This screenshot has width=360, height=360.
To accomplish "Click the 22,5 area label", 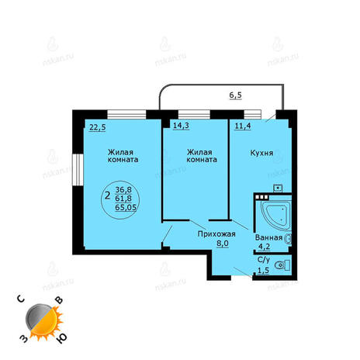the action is pyautogui.click(x=98, y=127).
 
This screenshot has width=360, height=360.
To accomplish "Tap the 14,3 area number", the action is pyautogui.click(x=181, y=126).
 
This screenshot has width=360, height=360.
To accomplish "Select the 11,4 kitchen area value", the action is pyautogui.click(x=243, y=126).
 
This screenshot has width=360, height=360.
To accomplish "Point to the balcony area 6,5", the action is pyautogui.click(x=236, y=95).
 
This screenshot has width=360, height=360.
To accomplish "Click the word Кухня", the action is pyautogui.click(x=261, y=153).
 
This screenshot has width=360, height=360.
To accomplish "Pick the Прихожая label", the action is pyautogui.click(x=216, y=234).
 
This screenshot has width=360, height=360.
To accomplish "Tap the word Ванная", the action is pyautogui.click(x=268, y=237).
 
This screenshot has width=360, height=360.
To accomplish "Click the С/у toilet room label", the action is pyautogui.click(x=264, y=259).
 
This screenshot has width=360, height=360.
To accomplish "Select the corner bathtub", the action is pyautogui.click(x=275, y=216).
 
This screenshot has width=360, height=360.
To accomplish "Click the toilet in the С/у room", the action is pyautogui.click(x=282, y=265).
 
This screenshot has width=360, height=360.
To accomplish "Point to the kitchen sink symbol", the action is pyautogui.click(x=278, y=188).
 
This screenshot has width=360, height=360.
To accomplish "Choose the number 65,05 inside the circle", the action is pyautogui.click(x=126, y=207).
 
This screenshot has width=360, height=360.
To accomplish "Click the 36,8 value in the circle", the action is pyautogui.click(x=123, y=190).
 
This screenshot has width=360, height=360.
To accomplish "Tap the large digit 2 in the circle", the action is pyautogui.click(x=108, y=196).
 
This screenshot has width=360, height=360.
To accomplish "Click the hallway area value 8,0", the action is pyautogui.click(x=222, y=244).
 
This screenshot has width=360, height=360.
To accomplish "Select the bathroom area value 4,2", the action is pyautogui.click(x=265, y=247).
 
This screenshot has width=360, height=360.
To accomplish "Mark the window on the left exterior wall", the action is pyautogui.click(x=78, y=170).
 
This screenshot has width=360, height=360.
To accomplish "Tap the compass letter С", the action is pyautogui.click(x=21, y=299).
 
